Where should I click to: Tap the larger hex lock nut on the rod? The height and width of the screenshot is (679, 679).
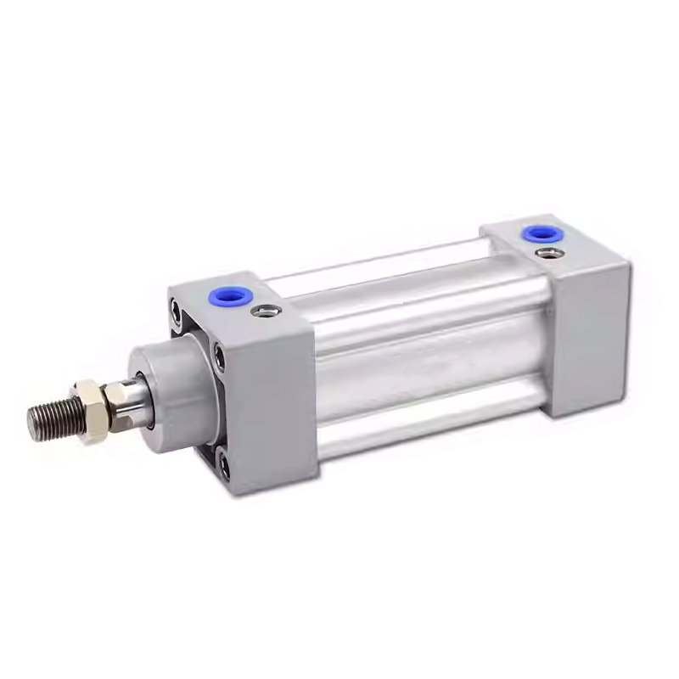coord(90,408)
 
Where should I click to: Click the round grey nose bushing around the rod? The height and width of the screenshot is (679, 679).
coord(174,386)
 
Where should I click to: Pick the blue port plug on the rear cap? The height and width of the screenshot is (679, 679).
coord(536,232)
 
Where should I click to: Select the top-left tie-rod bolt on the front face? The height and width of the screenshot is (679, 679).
coord(176,315)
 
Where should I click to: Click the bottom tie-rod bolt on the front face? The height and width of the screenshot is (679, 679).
coord(224,464)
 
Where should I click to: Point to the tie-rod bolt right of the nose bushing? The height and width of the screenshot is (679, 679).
coord(220,358)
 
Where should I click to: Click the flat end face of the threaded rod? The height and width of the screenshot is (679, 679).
coord(32,422)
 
